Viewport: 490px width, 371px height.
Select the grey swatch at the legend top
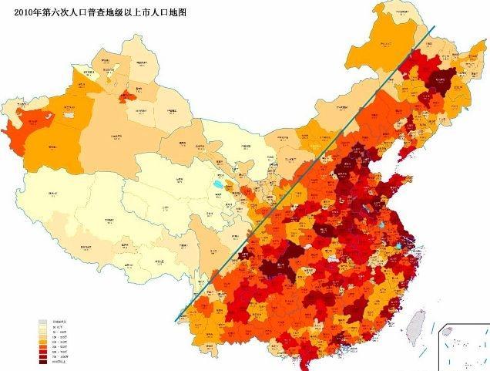coord(43,321)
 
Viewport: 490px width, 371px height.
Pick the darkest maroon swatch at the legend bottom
coord(43,362)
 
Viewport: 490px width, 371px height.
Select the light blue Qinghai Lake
coord(218,184)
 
